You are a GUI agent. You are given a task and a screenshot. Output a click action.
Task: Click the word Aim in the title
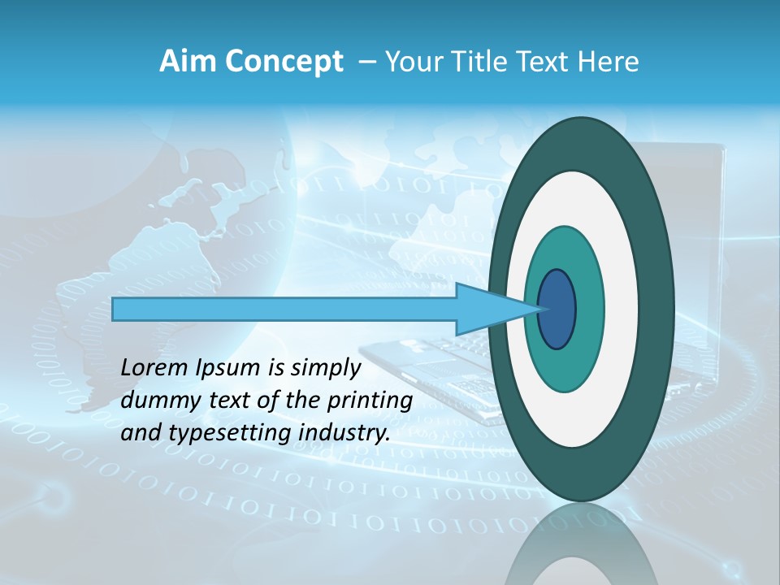[x=183, y=62]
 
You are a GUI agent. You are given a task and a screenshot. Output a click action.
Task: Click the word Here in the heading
[x=608, y=62]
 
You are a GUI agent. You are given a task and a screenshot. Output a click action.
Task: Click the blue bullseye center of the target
[x=557, y=310]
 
